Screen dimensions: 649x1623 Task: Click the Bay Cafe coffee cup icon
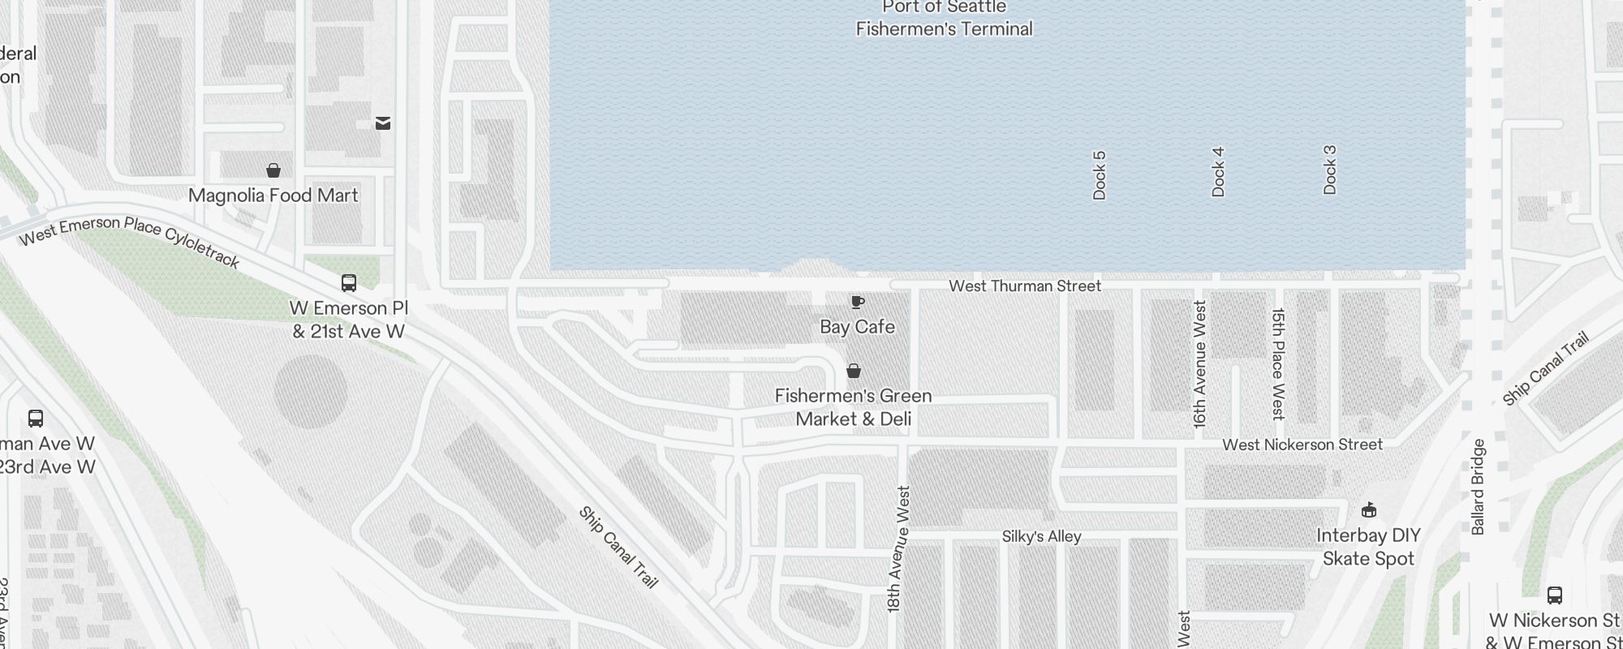[857, 303]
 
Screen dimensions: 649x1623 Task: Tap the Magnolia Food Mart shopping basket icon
[273, 170]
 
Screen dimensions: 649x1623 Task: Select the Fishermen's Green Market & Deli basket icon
[854, 371]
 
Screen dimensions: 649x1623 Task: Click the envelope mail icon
[383, 123]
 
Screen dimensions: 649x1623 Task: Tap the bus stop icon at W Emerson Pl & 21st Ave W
[349, 283]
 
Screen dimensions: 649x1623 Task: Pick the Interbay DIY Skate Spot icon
[1369, 510]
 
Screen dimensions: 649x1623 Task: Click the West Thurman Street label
[1025, 286]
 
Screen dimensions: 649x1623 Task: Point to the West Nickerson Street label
[1302, 445]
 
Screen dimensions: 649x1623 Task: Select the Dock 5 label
[1100, 175]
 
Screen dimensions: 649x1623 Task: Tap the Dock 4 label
[1218, 172]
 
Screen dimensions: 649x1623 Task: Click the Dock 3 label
[1329, 170]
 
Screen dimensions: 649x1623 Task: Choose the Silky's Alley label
[1041, 536]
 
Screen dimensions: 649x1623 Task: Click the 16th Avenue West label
[1200, 364]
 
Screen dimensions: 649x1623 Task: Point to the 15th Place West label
[1278, 364]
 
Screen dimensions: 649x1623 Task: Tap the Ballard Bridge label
[1478, 487]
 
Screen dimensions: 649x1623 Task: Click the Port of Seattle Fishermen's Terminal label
[945, 19]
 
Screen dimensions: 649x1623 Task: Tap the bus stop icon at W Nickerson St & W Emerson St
[1555, 595]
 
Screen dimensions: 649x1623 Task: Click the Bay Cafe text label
[857, 327]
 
